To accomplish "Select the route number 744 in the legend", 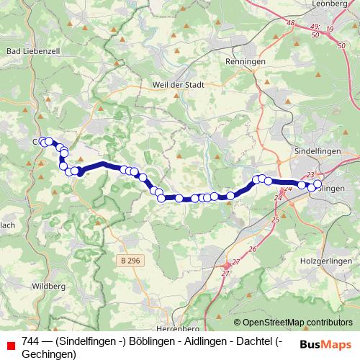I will tap(31, 341).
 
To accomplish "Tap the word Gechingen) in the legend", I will tap(49, 354).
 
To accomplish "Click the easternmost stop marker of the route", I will tap(318, 185).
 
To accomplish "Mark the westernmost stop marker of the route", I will tap(42, 141).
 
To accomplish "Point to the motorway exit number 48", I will tap(291, 24).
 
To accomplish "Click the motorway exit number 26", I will tap(252, 249).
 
